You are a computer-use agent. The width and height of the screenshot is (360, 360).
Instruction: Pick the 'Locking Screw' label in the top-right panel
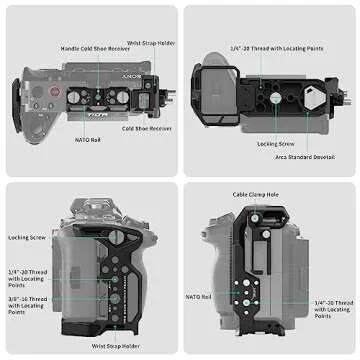point(275,144)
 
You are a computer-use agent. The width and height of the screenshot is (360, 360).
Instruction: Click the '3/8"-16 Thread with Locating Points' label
point(26,304)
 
